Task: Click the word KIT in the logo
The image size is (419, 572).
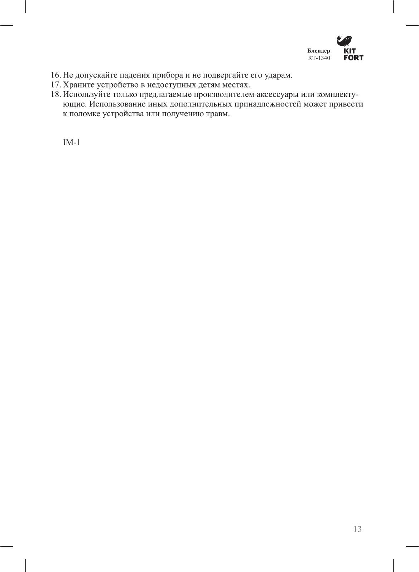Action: pyautogui.click(x=350, y=51)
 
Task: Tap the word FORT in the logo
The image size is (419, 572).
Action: pyautogui.click(x=353, y=58)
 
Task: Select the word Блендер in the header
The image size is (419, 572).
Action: pyautogui.click(x=319, y=51)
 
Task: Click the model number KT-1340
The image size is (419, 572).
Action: pyautogui.click(x=319, y=58)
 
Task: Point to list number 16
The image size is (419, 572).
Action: pyautogui.click(x=55, y=75)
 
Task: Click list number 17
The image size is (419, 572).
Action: pyautogui.click(x=55, y=85)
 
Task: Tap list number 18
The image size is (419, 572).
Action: pyautogui.click(x=55, y=95)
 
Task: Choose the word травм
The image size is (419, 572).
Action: pyautogui.click(x=217, y=114)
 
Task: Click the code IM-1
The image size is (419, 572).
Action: pyautogui.click(x=71, y=142)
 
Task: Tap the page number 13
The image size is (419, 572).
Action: pyautogui.click(x=357, y=529)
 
